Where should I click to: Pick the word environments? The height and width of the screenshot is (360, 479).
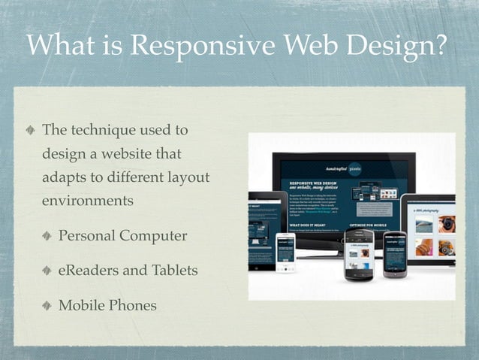pos(88,201)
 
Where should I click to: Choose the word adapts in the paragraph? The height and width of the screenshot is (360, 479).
pos(65,178)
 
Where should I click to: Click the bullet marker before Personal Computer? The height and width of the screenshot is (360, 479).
pos(47,236)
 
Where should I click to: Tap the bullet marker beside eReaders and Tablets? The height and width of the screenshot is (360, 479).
pos(47,271)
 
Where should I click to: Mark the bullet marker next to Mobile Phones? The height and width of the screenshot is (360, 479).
pos(47,306)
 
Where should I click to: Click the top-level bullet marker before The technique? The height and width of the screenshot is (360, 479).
pos(29,131)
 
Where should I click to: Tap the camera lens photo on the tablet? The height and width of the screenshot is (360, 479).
pos(447,224)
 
